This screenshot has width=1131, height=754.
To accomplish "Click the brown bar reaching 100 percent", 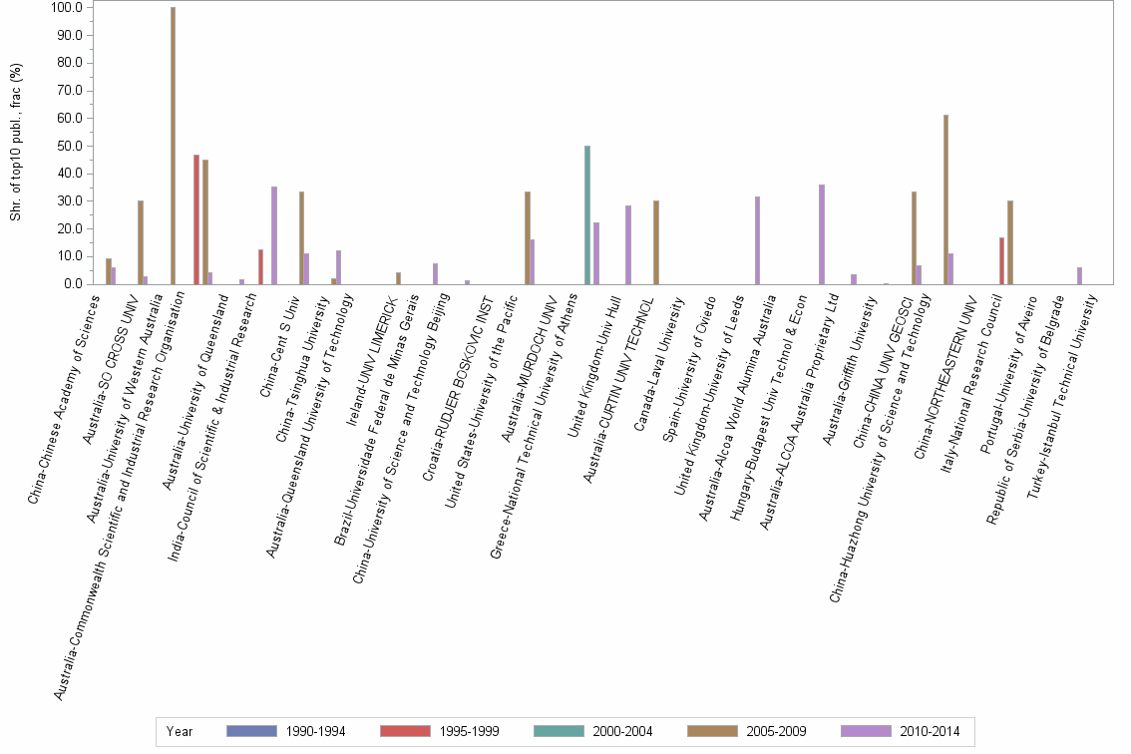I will (x=173, y=146).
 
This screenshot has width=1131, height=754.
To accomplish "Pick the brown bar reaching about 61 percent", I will (x=945, y=199).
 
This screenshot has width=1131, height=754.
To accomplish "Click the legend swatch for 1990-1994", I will (x=251, y=731).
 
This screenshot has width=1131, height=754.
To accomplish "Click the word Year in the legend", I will (x=180, y=731).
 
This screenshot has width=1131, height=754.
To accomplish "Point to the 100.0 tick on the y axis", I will (x=66, y=8).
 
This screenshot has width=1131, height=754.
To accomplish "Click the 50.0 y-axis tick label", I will (x=69, y=147).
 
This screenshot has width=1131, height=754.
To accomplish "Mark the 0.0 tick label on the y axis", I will (x=72, y=284).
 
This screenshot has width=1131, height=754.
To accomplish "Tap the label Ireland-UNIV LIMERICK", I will (x=374, y=345).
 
